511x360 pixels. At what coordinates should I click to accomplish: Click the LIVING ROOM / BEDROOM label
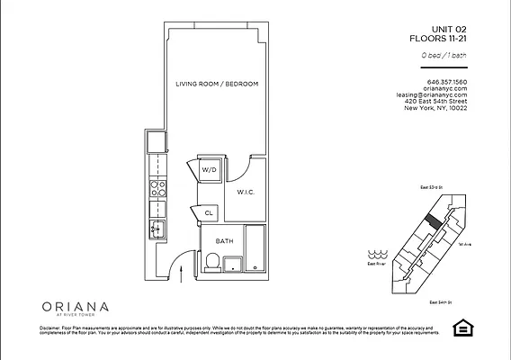217,84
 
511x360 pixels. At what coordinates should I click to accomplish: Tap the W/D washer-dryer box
209,169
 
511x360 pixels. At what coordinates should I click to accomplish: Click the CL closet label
208,213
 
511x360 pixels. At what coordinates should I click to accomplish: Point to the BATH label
225,240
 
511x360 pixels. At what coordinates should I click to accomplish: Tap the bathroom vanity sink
233,264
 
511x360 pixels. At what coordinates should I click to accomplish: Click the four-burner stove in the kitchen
157,190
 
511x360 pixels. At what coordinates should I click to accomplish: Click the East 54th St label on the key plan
440,301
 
